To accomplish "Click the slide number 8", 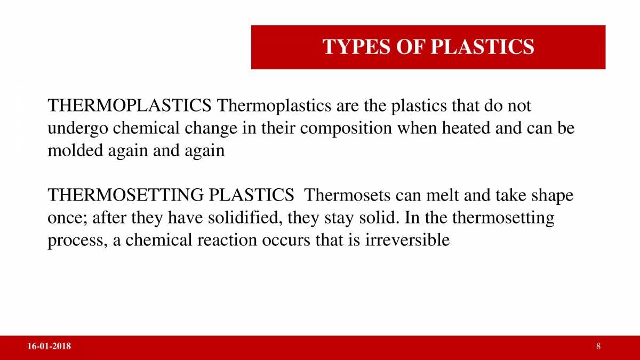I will point(598,347).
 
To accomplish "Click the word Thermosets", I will point(347,195).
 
